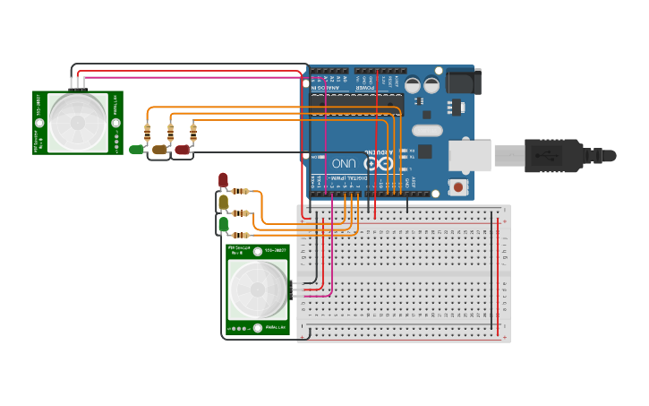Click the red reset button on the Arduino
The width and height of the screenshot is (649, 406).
pyautogui.click(x=458, y=186)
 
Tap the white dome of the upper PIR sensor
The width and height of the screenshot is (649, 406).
pyautogui.click(x=78, y=122)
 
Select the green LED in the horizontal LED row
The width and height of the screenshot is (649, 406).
pyautogui.click(x=136, y=150)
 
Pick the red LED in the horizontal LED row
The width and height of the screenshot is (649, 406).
pyautogui.click(x=182, y=150)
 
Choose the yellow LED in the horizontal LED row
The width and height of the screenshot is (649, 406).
pyautogui.click(x=159, y=150)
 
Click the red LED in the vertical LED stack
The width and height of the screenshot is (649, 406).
pyautogui.click(x=223, y=180)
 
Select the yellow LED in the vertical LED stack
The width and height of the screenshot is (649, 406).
pyautogui.click(x=223, y=203)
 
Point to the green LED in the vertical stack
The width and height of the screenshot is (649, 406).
pyautogui.click(x=223, y=225)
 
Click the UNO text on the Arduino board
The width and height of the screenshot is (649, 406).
pyautogui.click(x=343, y=164)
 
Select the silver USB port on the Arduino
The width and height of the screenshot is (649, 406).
pyautogui.click(x=470, y=154)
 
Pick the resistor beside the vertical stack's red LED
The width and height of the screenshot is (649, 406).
pyautogui.click(x=241, y=191)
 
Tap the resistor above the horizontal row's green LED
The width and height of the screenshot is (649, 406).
pyautogui.click(x=147, y=133)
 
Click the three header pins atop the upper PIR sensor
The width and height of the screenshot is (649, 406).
pyautogui.click(x=79, y=83)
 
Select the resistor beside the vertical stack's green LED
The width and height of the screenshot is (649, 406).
pyautogui.click(x=241, y=235)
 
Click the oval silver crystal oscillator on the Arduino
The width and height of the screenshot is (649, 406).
pyautogui.click(x=421, y=130)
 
